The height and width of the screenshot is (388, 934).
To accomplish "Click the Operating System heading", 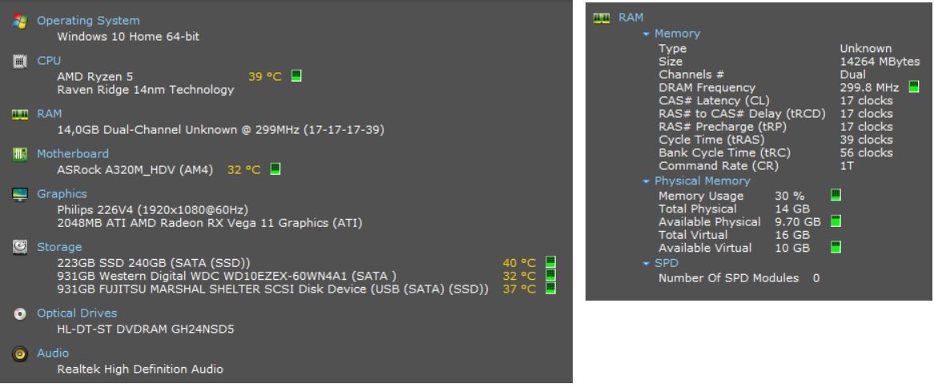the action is [88, 21].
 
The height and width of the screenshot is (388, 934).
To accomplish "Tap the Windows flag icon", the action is [20, 22].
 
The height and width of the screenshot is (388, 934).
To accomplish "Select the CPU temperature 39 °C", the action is [265, 77].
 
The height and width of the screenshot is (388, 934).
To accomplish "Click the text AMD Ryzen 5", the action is [95, 77].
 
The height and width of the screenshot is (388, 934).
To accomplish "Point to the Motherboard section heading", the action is [73, 154].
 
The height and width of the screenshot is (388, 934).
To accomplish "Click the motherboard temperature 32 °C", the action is [244, 170].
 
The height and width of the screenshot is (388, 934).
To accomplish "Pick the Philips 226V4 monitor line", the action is [152, 210].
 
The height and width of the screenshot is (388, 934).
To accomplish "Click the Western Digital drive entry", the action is [227, 276].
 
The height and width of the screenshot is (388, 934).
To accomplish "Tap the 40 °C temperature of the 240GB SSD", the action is [519, 263].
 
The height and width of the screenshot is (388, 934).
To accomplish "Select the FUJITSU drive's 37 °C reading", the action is [519, 289].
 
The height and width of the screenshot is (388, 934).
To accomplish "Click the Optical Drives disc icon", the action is [20, 314].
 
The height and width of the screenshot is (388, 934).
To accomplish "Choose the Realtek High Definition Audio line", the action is [140, 370].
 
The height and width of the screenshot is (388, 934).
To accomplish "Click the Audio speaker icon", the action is [20, 354].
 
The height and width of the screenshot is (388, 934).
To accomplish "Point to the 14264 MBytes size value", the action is [880, 62].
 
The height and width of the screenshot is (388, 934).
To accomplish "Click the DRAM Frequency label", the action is [707, 87].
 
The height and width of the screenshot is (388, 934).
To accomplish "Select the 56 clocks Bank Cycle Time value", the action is [867, 153].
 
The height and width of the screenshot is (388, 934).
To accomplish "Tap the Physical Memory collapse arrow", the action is [646, 181].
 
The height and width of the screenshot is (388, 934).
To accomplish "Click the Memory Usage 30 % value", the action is [789, 196].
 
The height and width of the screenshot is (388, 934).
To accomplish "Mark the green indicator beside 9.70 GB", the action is [835, 222].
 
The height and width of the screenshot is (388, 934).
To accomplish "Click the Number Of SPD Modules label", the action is [728, 278].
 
